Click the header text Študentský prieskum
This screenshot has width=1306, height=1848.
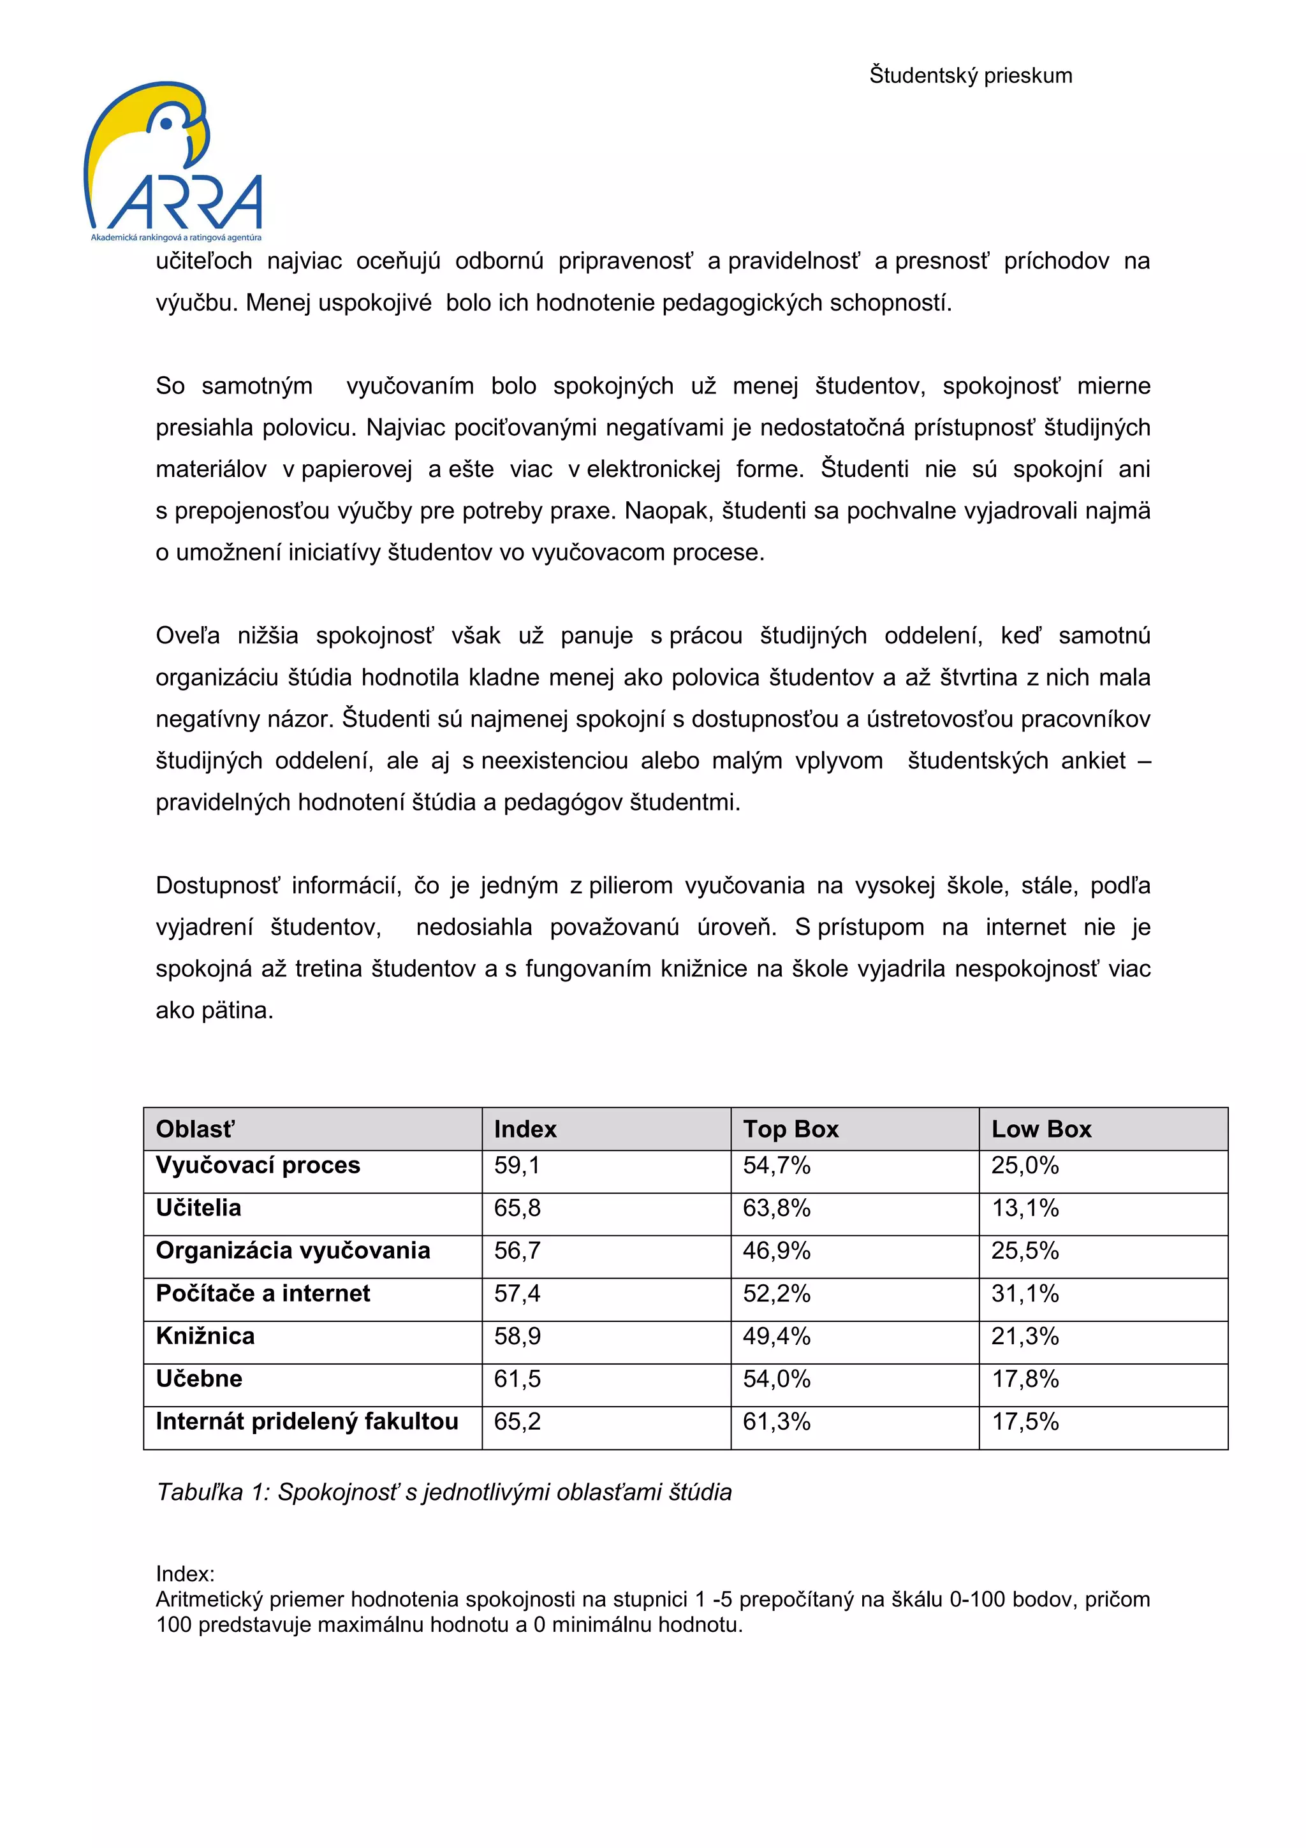[970, 76]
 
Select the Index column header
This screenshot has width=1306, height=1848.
[525, 1129]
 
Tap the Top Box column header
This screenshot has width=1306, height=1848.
[790, 1129]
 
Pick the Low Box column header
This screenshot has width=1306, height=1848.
[1041, 1129]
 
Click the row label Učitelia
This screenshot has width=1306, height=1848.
[198, 1207]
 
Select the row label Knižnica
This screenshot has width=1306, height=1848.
[205, 1335]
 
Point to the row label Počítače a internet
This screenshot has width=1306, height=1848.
[262, 1293]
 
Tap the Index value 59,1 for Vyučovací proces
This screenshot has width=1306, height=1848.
[517, 1164]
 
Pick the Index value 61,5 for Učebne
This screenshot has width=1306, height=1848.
[517, 1378]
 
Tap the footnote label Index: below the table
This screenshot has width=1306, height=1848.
[185, 1573]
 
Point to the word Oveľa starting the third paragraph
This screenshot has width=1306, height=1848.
[187, 635]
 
